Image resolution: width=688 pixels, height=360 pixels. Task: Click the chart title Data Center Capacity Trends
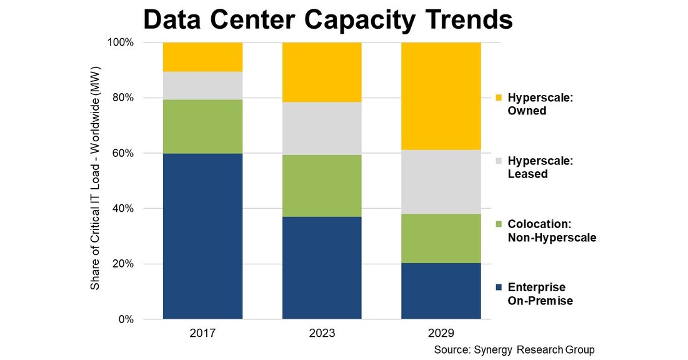[x=327, y=20]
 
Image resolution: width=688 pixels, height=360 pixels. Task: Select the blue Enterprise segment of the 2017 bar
[x=202, y=236]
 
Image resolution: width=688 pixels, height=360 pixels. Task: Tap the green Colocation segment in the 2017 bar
[x=202, y=126]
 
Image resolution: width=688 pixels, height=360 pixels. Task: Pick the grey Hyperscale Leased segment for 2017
[x=202, y=86]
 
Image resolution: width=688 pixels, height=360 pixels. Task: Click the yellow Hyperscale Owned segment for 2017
[x=202, y=57]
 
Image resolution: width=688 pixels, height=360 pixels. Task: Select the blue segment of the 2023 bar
[x=322, y=268]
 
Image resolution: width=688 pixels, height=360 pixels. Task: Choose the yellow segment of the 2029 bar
[x=441, y=96]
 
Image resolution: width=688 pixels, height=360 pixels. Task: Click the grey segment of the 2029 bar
[x=441, y=182]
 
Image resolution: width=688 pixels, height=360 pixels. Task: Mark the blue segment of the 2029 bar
[x=441, y=291]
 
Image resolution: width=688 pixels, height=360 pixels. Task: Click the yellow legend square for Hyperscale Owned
[x=497, y=98]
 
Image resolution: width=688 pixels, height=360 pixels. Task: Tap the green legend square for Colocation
[x=497, y=224]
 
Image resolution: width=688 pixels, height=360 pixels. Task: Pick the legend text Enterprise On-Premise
[x=540, y=294]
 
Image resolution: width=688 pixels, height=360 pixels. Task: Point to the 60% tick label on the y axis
[x=121, y=153]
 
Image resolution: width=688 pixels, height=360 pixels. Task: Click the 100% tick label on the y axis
[x=119, y=42]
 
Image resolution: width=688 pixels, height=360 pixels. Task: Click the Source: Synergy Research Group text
[x=514, y=349]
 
